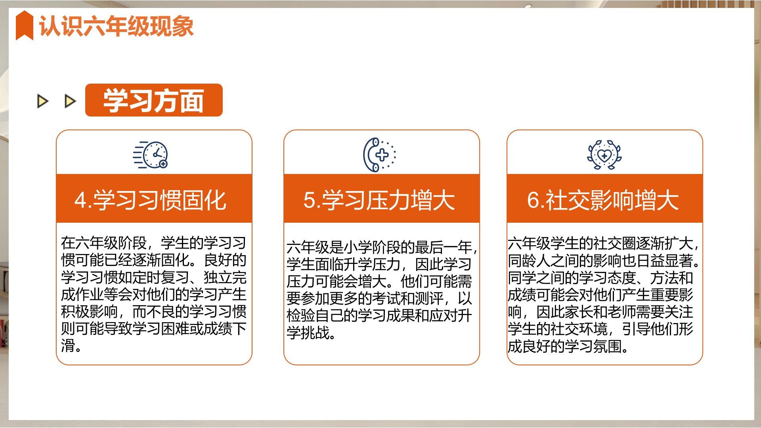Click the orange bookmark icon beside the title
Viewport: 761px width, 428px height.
[24, 25]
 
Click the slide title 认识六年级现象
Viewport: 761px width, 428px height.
[116, 27]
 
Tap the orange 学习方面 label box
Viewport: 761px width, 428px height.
[154, 100]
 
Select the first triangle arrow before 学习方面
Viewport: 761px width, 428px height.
[42, 101]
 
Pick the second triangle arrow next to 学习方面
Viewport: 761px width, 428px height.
[70, 101]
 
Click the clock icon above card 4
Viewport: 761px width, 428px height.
[151, 155]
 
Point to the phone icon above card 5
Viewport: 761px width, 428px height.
[379, 155]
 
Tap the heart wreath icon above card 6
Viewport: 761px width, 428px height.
[604, 155]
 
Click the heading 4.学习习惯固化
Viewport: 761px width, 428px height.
[150, 200]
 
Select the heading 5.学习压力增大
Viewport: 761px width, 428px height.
[379, 200]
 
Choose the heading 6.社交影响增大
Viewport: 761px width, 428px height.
[603, 200]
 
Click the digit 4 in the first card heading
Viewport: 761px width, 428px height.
[80, 200]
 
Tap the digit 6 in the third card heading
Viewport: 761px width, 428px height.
[533, 200]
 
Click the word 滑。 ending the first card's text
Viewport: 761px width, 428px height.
[71, 346]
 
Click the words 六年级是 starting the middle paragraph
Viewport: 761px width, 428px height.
[315, 247]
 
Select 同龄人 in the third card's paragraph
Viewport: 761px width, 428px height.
[529, 261]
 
